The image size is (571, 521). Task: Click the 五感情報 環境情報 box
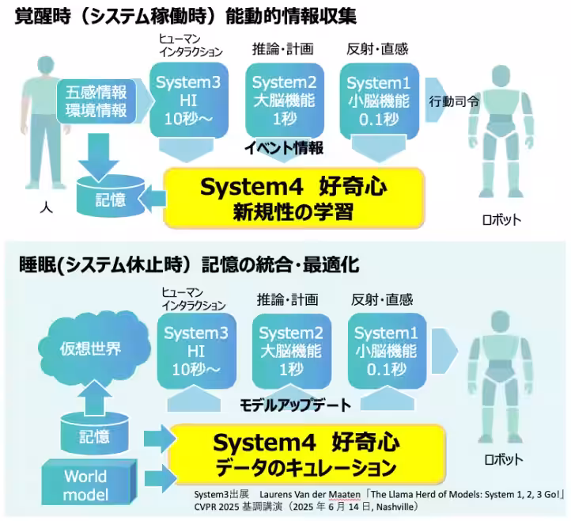(x=97, y=101)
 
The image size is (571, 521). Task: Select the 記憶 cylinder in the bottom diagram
(x=96, y=435)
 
